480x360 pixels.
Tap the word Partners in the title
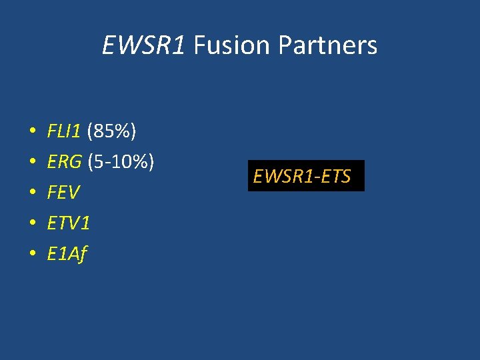(327, 45)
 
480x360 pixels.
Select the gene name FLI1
(64, 131)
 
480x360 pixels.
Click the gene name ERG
(65, 162)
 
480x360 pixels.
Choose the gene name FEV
(63, 193)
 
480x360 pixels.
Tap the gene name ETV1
(68, 223)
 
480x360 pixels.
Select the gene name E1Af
(67, 254)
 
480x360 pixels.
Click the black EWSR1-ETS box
(306, 176)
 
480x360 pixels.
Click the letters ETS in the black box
(337, 177)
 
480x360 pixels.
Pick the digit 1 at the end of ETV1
(85, 223)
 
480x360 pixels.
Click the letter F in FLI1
(52, 131)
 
